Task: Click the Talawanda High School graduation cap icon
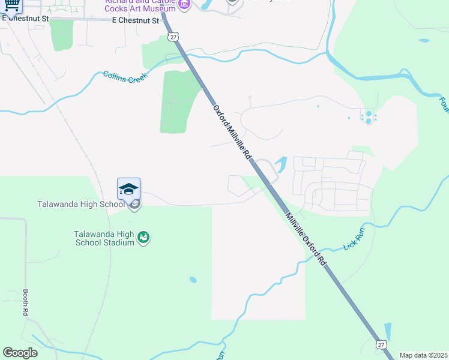click(x=129, y=189)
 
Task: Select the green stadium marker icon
click(x=143, y=238)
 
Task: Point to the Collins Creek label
click(x=125, y=77)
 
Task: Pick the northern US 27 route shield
click(x=173, y=37)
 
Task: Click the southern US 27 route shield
click(x=381, y=344)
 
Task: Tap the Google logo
click(x=20, y=353)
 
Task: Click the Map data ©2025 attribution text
click(x=423, y=355)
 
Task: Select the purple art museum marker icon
click(x=184, y=5)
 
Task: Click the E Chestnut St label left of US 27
click(x=136, y=20)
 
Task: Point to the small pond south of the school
click(x=192, y=280)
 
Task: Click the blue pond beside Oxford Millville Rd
click(x=280, y=163)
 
